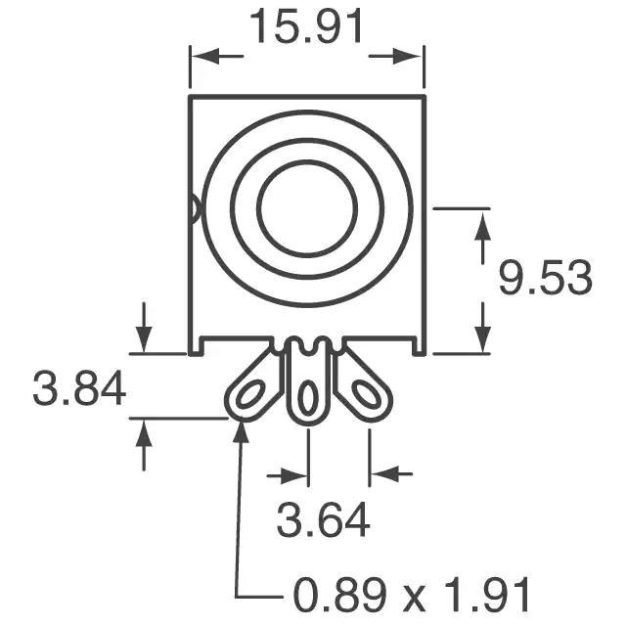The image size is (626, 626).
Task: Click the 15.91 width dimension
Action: (x=306, y=26)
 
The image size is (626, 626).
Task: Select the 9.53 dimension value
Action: (x=546, y=278)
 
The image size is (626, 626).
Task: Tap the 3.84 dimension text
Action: (x=79, y=388)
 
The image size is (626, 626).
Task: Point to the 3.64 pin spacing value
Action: (x=323, y=520)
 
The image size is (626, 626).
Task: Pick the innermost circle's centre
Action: (x=307, y=208)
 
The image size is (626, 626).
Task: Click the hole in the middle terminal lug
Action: (x=308, y=398)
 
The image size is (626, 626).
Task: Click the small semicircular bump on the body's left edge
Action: (x=194, y=208)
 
